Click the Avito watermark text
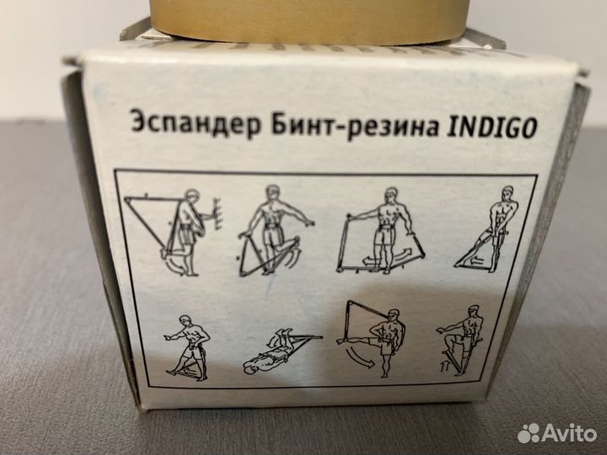(569, 433)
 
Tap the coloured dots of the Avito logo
(529, 433)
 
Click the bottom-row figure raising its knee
(459, 341)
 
